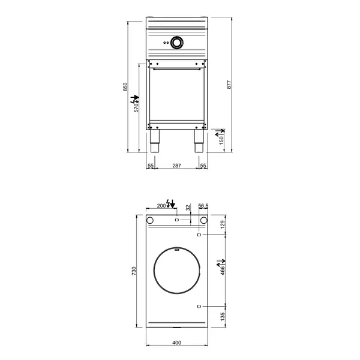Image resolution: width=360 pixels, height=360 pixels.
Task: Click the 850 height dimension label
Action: [125, 86]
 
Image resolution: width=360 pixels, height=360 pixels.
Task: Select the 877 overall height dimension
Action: [229, 85]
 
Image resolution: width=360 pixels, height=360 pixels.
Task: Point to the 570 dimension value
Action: [136, 107]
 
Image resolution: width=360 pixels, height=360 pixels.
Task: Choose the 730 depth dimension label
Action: [135, 270]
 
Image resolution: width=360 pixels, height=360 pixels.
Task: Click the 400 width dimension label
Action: [177, 343]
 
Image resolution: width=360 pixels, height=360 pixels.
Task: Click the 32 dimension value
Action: [188, 207]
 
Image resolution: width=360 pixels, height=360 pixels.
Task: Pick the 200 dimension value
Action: [161, 206]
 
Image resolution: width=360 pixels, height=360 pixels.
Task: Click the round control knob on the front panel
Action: [177, 42]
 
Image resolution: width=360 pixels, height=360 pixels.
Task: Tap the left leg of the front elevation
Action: [155, 142]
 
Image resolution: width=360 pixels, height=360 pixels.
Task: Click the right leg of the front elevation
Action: [199, 142]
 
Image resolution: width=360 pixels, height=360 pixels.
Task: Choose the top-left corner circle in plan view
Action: [151, 221]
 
